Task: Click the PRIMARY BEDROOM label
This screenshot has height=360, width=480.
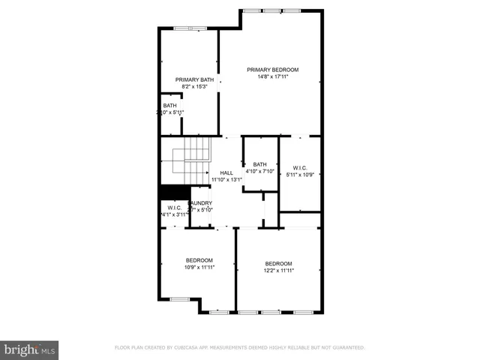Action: tap(268, 69)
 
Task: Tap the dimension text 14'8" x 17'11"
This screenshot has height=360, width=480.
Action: tap(268, 76)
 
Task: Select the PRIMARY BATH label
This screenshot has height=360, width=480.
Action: tap(194, 79)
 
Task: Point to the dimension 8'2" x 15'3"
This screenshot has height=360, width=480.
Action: tap(194, 87)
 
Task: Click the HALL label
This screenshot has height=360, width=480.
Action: tap(226, 172)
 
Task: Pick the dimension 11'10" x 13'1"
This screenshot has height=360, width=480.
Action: tap(226, 180)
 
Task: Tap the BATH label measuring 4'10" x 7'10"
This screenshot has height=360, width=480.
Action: tap(259, 164)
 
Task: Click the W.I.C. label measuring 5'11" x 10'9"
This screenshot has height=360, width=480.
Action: tap(299, 168)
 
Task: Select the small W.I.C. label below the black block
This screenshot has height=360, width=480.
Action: tap(174, 208)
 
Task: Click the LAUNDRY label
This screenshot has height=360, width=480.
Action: tap(200, 202)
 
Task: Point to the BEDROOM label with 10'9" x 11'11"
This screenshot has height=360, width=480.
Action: tap(199, 259)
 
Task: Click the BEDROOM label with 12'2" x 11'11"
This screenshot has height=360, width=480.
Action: tap(278, 263)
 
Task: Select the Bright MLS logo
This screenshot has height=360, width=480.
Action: tap(30, 349)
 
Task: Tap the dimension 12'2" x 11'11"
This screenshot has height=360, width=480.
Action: tap(278, 271)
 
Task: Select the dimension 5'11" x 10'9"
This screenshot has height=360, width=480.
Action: tap(299, 175)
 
